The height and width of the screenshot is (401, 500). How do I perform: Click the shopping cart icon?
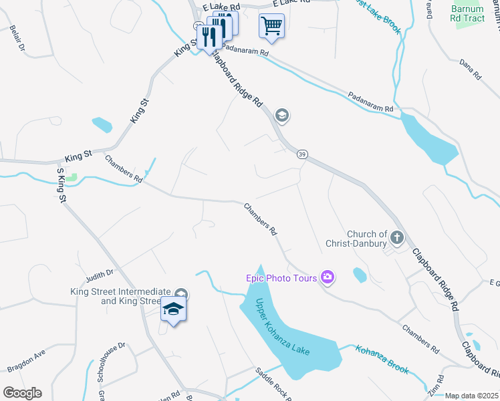(x=271, y=26)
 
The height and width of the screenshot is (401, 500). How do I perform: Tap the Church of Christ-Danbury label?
(x=367, y=239)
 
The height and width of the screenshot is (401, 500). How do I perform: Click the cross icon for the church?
(x=396, y=237)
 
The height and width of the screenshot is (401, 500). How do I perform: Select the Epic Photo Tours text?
(x=281, y=277)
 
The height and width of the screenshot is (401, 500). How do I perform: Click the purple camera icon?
(x=328, y=276)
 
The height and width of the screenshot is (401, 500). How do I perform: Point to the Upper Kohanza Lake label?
(x=283, y=327)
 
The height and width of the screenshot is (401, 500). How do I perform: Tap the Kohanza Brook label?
(x=382, y=357)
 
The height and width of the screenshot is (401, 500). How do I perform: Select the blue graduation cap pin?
(x=174, y=309)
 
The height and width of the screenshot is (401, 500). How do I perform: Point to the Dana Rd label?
(x=471, y=70)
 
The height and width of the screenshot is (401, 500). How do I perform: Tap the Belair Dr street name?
(x=18, y=39)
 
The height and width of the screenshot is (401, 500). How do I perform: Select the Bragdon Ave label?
(x=26, y=360)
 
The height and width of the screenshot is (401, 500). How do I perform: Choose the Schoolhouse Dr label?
(x=111, y=362)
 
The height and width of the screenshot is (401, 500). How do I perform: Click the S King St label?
(x=61, y=186)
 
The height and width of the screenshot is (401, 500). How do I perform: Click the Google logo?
(x=22, y=393)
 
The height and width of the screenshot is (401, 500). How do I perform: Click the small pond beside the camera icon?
(x=360, y=275)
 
